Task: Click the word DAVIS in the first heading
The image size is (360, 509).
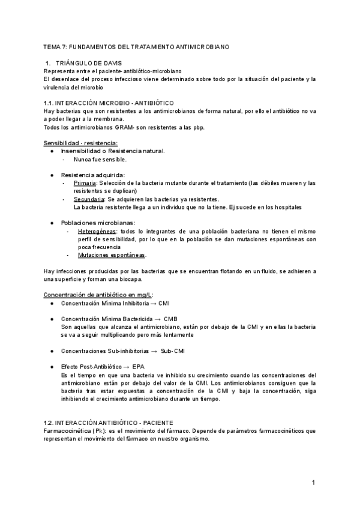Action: click(x=110, y=63)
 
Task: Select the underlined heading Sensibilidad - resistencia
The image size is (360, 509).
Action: click(x=80, y=143)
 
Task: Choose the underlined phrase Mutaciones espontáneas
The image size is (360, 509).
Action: click(x=111, y=254)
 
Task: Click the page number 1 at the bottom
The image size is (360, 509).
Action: click(x=313, y=483)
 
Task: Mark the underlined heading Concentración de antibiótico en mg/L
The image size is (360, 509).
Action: click(x=98, y=294)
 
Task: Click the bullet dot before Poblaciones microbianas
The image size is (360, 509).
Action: click(x=53, y=223)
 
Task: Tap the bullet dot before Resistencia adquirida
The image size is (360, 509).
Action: click(x=53, y=175)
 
